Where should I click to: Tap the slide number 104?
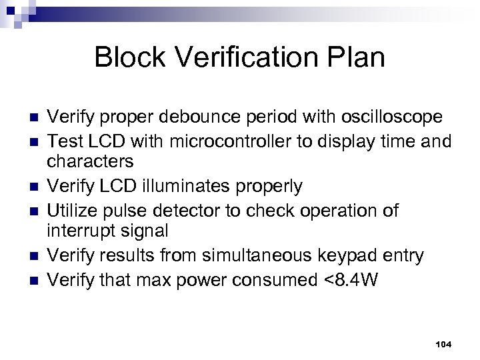[x=443, y=343]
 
